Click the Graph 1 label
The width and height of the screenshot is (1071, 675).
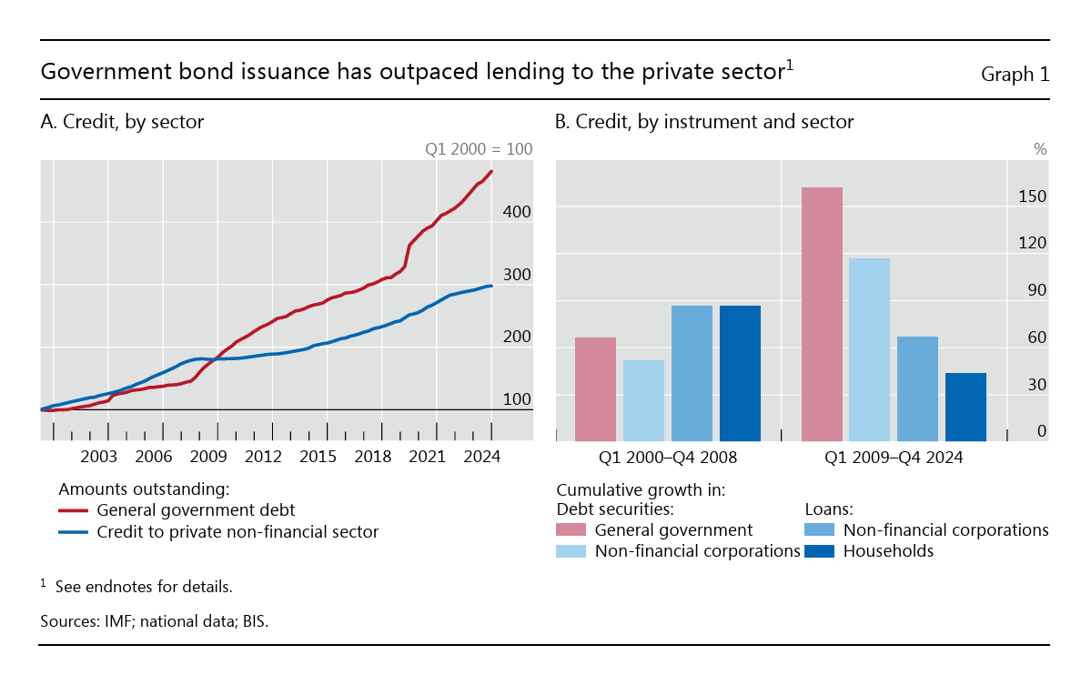(x=1015, y=75)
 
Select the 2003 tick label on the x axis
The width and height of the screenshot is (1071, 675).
(x=99, y=457)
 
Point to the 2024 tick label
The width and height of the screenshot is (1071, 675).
(x=482, y=457)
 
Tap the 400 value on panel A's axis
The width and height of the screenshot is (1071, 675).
(x=517, y=211)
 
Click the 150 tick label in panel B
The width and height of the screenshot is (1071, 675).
(x=1034, y=196)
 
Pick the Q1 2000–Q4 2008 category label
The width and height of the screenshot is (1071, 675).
(x=668, y=458)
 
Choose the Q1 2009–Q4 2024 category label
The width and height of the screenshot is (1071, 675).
(x=894, y=458)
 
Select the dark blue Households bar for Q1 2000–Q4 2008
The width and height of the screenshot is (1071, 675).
(x=740, y=373)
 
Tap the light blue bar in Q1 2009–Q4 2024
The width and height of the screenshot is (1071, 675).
(x=869, y=349)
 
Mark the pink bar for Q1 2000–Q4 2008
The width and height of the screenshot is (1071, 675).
(x=596, y=389)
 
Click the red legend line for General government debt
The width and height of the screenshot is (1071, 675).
(x=73, y=510)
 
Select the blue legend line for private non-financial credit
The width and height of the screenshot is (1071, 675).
(x=73, y=532)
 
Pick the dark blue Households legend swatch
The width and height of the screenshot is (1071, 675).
(x=820, y=551)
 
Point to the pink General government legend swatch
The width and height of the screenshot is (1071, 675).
(x=571, y=530)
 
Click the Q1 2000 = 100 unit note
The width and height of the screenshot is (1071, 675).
(x=479, y=149)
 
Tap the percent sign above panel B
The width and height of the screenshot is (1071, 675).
(x=1040, y=149)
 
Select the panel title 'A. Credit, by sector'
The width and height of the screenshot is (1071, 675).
(x=122, y=122)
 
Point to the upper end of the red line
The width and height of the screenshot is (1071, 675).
(x=492, y=171)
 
